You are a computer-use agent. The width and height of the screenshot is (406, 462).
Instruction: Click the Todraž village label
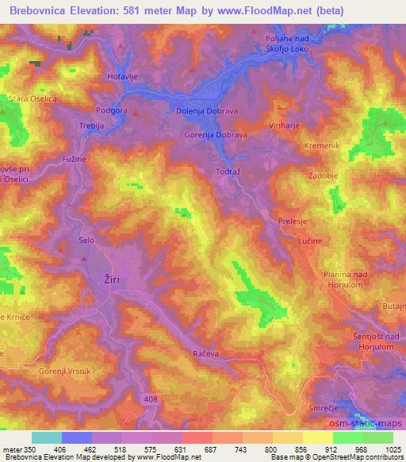pyautogui.click(x=228, y=171)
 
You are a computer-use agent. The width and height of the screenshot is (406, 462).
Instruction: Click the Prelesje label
pyautogui.click(x=293, y=222)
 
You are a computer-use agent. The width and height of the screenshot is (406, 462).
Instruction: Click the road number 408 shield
pyautogui.click(x=151, y=398)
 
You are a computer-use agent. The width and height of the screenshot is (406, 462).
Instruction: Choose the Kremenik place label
pyautogui.click(x=321, y=146)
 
